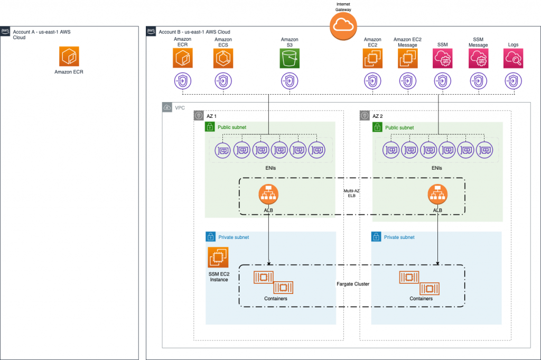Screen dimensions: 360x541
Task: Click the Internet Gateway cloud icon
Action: tap(343, 25)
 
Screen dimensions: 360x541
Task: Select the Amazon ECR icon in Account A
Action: tap(69, 56)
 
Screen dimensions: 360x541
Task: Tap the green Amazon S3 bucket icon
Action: tap(289, 59)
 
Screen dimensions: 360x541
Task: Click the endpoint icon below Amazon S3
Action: tap(289, 81)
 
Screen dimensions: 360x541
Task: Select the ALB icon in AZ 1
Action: tap(268, 194)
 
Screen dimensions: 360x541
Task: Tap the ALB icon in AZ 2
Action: tap(437, 194)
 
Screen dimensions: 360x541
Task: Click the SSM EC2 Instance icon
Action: tap(218, 257)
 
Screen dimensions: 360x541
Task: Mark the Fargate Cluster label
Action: tap(353, 284)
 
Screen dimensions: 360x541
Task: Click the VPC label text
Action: tap(179, 108)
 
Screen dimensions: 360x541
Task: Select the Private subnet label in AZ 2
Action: tap(399, 237)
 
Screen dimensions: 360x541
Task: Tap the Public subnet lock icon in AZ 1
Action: tap(210, 127)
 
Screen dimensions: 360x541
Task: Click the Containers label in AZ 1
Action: tap(275, 299)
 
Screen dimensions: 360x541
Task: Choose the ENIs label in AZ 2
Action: tap(436, 168)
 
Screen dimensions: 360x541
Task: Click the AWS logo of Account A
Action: tap(5, 32)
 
